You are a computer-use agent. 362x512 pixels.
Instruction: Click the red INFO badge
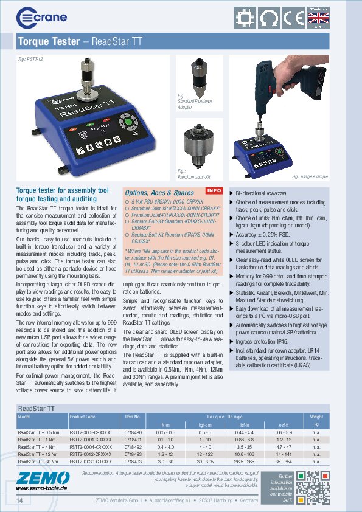point(214,191)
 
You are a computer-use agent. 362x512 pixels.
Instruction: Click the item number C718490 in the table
point(133,432)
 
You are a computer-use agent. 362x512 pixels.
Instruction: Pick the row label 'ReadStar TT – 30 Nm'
point(39,461)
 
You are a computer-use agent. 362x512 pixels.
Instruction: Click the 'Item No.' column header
point(133,417)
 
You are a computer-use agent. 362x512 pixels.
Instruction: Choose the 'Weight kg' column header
point(316,420)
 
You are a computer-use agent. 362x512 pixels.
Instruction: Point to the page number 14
point(20,500)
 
